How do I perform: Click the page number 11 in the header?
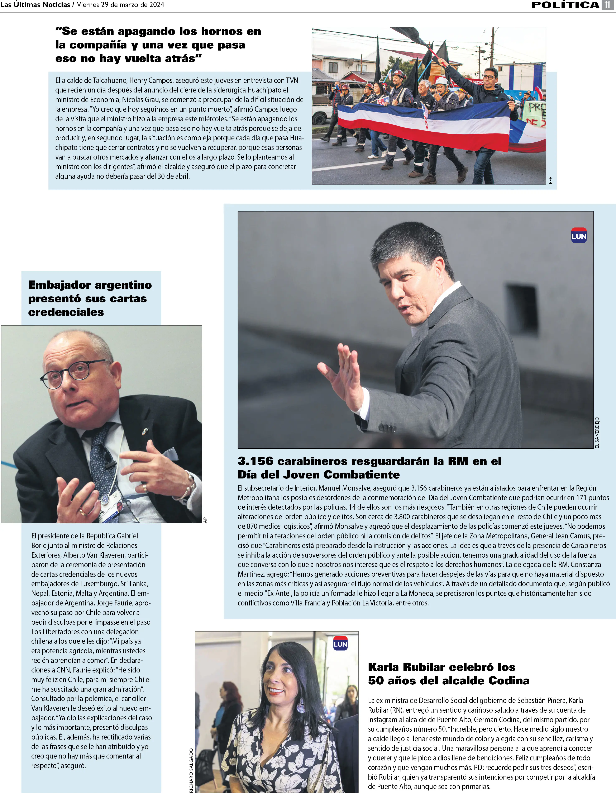607,5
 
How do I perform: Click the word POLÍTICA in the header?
565,5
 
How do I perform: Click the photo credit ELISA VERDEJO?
597,432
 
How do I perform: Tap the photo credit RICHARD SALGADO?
191,770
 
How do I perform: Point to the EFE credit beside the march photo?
550,180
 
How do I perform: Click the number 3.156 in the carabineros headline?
255,461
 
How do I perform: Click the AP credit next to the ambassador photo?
205,520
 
